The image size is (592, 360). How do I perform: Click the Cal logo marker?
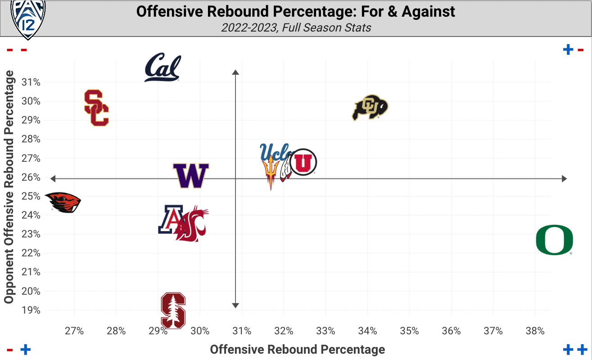(x=163, y=68)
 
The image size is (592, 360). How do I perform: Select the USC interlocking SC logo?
(x=96, y=108)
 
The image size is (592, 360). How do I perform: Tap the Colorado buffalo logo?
(x=370, y=108)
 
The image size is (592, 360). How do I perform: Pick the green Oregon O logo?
(x=554, y=241)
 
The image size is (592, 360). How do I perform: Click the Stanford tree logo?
(x=173, y=310)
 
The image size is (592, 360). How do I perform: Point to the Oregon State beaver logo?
(x=63, y=202)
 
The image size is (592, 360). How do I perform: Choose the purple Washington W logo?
(x=191, y=176)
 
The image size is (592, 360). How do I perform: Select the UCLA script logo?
(x=275, y=151)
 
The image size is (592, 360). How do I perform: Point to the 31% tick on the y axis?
(x=31, y=82)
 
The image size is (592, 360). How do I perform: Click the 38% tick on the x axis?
(x=535, y=331)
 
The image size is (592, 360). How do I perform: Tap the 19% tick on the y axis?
(x=31, y=310)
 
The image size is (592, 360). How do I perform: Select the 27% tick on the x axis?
(x=74, y=331)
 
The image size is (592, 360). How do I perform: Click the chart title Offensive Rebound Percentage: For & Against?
(x=296, y=12)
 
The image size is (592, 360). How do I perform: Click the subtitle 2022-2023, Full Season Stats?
(x=296, y=27)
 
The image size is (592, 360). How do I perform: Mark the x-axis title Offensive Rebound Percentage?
(x=298, y=349)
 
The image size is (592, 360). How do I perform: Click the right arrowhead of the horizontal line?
(x=564, y=179)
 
